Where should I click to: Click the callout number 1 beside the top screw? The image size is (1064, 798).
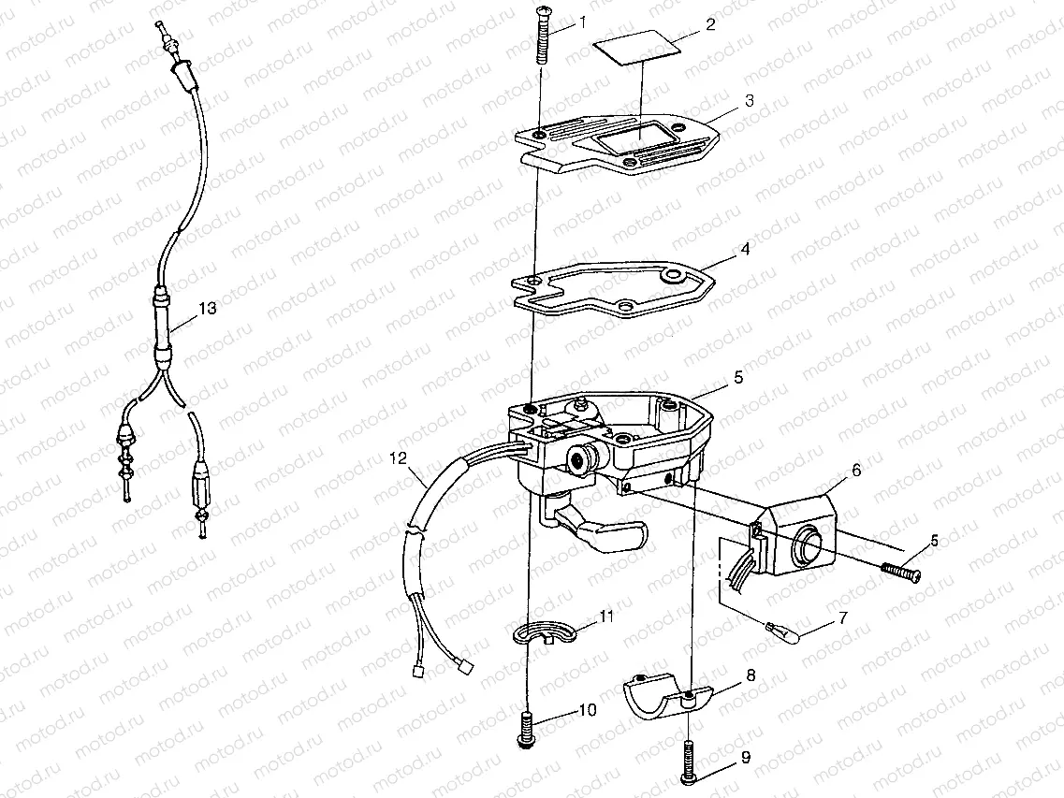583,23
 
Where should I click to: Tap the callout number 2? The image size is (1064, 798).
709,24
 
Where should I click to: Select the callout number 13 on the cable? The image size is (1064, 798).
207,308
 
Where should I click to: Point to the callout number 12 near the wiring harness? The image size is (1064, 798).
398,458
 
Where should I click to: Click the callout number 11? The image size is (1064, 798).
606,617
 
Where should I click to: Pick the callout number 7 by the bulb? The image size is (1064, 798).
843,619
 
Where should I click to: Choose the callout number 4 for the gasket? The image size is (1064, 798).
745,250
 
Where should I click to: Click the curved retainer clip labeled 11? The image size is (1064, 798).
543,631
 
